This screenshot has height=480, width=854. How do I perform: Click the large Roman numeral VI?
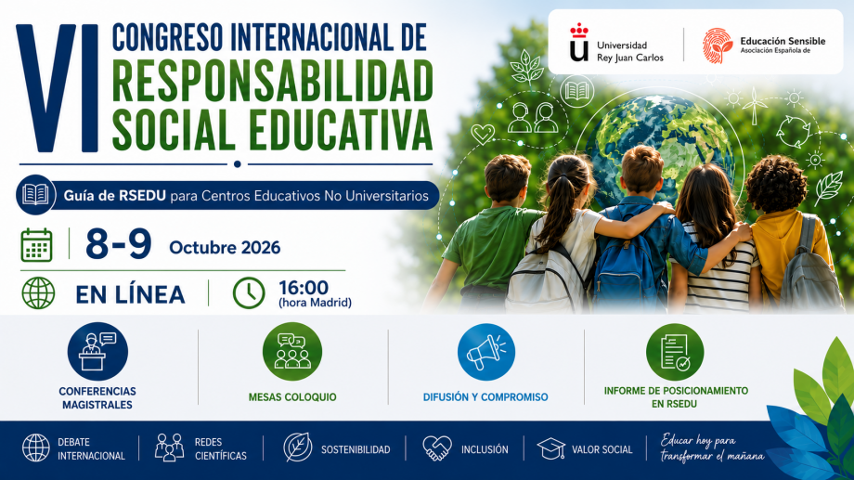click(58, 87)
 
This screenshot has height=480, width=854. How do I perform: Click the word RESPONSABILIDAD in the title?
click(272, 81)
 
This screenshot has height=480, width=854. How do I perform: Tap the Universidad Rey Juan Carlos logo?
click(579, 43)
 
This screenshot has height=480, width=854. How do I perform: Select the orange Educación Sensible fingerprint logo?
click(718, 45)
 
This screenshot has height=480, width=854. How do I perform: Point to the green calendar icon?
click(36, 245)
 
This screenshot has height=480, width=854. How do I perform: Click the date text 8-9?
click(119, 244)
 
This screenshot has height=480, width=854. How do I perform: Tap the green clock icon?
click(249, 293)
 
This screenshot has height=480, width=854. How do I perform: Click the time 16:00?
click(304, 287)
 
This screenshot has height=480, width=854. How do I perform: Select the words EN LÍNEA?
click(130, 294)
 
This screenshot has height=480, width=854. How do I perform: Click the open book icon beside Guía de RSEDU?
click(35, 194)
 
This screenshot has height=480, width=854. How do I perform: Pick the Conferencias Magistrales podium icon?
click(97, 352)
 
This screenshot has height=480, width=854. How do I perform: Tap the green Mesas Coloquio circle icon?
click(292, 352)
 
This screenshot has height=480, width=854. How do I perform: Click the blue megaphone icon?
click(486, 352)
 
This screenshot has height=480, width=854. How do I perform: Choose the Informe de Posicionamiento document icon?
click(675, 352)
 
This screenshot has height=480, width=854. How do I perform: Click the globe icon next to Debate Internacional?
click(36, 448)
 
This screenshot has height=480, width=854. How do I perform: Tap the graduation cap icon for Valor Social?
click(551, 448)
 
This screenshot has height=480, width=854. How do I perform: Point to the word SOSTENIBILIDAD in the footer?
click(356, 449)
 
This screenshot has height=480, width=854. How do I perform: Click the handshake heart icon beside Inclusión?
click(437, 448)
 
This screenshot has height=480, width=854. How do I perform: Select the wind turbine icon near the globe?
click(755, 106)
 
